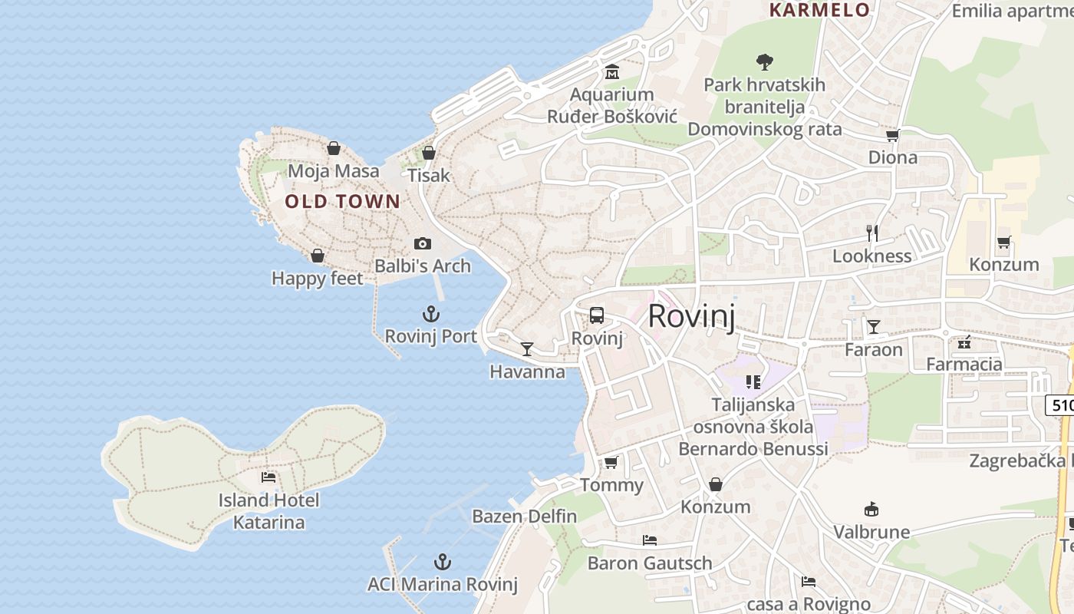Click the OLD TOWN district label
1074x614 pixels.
pos(342,202)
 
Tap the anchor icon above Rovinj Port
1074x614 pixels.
pos(431,314)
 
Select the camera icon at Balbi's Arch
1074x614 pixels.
pos(423,243)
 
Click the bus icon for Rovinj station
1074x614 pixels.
pos(597,315)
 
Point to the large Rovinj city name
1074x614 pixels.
pos(691,316)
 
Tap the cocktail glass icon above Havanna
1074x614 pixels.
pos(527,349)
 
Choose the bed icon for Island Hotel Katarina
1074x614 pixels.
pos(268,477)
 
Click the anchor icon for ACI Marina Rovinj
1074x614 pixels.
pos(442,561)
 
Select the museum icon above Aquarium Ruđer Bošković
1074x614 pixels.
pos(612,72)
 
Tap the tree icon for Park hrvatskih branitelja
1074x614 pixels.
pos(764,62)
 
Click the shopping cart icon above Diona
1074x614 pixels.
pos(892,135)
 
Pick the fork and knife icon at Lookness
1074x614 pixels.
pos(871,233)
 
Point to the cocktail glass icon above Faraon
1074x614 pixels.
pos(874,327)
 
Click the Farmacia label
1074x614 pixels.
pos(964,364)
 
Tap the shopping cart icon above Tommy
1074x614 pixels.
pos(611,462)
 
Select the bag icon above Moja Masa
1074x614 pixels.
pos(334,148)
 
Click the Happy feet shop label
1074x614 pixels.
pos(317,279)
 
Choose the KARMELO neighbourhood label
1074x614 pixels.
pos(819,10)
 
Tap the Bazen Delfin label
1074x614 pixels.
pos(524,517)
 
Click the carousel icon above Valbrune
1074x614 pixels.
pos(871,509)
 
